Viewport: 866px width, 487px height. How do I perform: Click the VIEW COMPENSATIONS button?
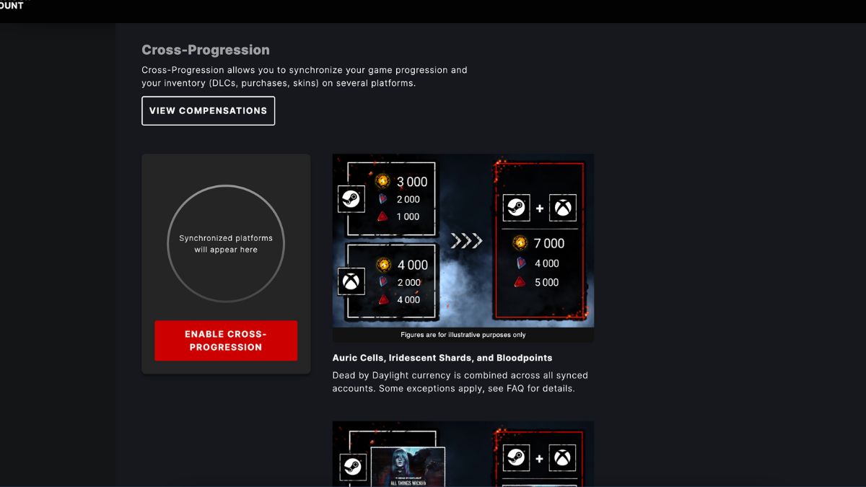coord(208,111)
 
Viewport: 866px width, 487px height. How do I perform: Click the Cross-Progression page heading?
coord(206,50)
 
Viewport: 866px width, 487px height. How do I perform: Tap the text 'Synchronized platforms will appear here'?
coord(226,244)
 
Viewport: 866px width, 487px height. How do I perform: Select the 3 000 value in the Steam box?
coord(412,182)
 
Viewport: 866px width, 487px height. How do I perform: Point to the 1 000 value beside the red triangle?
coord(408,216)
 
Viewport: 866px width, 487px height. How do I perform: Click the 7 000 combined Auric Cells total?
coord(548,244)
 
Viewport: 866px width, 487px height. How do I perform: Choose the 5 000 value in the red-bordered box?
coord(546,283)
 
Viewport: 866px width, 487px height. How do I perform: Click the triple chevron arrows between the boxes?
coord(466,241)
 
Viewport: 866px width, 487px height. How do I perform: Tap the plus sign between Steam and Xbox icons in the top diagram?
coord(540,209)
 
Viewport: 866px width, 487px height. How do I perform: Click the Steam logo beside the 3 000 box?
coord(351,199)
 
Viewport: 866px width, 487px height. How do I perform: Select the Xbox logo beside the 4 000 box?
coord(351,281)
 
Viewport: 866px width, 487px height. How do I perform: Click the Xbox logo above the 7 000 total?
coord(562,209)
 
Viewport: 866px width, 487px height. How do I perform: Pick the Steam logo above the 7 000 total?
coord(516,209)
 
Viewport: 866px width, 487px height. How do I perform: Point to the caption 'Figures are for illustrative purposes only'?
coord(463,335)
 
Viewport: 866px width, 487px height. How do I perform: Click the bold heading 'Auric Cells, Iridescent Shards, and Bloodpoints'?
coord(442,358)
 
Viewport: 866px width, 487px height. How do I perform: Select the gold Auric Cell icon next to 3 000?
coord(383,182)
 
